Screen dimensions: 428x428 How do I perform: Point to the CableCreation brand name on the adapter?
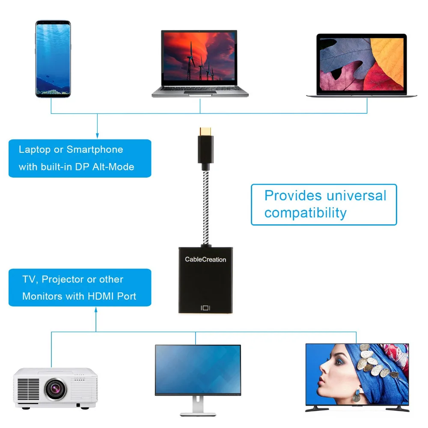205,259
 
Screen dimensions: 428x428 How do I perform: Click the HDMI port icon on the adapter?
205,308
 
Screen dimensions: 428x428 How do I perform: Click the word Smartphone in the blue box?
95,150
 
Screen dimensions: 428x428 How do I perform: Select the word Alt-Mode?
113,166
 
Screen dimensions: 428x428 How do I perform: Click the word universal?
356,196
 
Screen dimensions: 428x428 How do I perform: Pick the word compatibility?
305,213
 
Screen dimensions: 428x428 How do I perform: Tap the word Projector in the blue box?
63,279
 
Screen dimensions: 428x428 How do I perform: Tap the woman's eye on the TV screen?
339,362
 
